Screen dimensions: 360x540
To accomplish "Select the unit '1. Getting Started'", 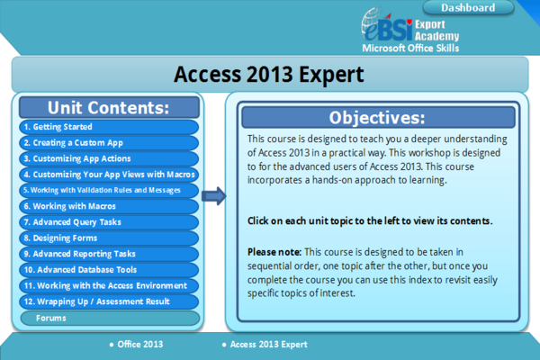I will [108, 128].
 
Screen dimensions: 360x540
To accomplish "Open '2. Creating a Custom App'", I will [108, 142].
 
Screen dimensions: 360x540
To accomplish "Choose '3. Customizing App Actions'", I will [108, 158].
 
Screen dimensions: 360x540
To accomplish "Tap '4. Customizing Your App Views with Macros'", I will [108, 175].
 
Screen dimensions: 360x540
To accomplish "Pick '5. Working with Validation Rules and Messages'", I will [108, 190].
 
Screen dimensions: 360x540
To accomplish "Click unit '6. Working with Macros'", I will [108, 206].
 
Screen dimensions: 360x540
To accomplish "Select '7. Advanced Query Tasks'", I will [108, 221].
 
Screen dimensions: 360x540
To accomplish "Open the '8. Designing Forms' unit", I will [108, 238].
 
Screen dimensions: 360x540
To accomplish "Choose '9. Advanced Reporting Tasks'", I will [108, 254].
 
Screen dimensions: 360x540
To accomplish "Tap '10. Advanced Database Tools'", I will [108, 269].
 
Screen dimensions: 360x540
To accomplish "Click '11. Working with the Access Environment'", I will [108, 285].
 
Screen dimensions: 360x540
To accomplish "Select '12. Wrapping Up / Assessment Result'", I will [108, 301].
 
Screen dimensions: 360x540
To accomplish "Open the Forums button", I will [108, 318].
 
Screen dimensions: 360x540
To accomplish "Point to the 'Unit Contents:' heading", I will [108, 107].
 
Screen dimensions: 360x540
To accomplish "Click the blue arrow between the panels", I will [213, 195].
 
